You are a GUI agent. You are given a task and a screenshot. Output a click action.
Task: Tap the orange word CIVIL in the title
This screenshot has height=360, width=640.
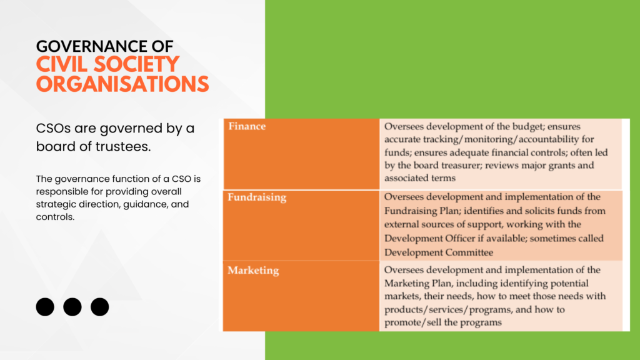coord(62,65)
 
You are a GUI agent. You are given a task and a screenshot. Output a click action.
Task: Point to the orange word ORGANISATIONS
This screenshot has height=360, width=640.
coord(122,84)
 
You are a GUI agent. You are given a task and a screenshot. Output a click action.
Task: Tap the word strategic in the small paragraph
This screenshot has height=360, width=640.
coord(55,204)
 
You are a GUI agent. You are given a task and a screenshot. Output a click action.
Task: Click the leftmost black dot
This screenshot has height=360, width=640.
coord(45,307)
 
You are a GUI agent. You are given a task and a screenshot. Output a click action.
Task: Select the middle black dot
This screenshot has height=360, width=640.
coord(72,307)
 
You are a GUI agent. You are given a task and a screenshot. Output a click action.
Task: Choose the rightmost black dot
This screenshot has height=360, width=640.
coord(99,307)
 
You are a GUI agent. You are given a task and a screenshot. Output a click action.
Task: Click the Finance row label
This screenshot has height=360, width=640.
coord(247,126)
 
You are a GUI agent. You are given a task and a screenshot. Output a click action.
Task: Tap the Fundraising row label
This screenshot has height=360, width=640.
coord(257,197)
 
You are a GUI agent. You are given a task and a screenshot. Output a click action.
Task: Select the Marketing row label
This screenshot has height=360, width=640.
coord(254,270)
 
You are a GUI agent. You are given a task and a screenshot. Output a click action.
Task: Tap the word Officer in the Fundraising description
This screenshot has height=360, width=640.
coord(460,238)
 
